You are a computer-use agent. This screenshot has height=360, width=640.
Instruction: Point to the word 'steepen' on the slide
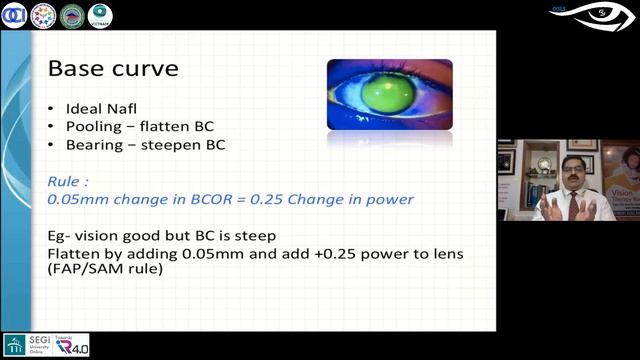[x=176, y=144]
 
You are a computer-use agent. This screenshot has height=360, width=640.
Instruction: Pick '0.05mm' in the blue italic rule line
[x=76, y=199]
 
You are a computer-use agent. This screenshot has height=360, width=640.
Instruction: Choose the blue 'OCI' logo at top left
[x=14, y=15]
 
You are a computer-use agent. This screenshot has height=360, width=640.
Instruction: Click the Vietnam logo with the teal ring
[x=100, y=15]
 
